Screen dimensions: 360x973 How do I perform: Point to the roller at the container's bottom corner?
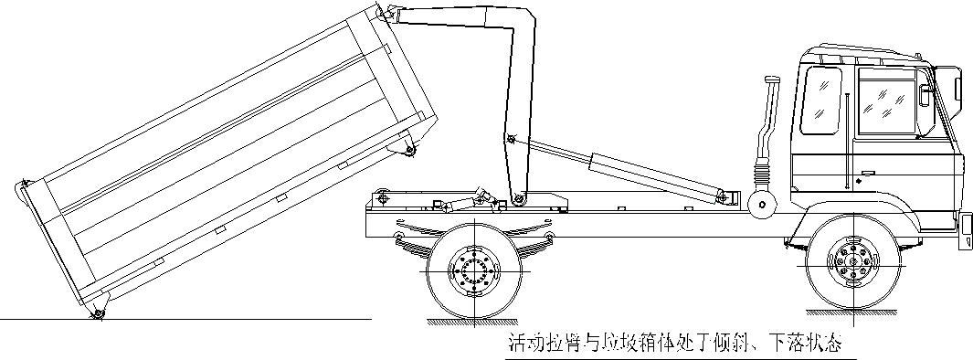coord(97,314)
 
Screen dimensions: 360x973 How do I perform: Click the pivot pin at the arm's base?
coord(518,199)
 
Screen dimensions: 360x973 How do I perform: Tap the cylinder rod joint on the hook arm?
coord(512,140)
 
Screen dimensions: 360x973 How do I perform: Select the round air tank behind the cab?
coord(757,203)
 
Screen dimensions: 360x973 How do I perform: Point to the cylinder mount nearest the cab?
coord(723,196)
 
